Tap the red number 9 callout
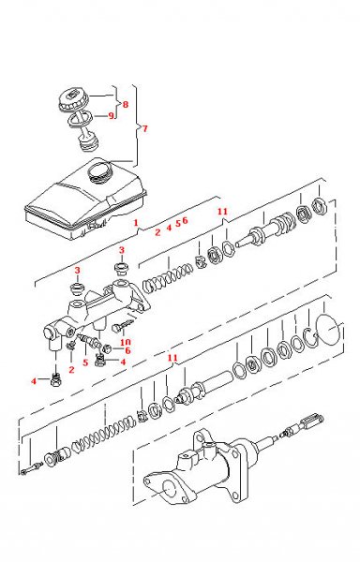pos(111,116)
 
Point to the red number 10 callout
pos(125,343)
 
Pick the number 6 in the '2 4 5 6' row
pos(186,220)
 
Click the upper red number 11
pos(222,213)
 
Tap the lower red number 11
pos(170,359)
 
